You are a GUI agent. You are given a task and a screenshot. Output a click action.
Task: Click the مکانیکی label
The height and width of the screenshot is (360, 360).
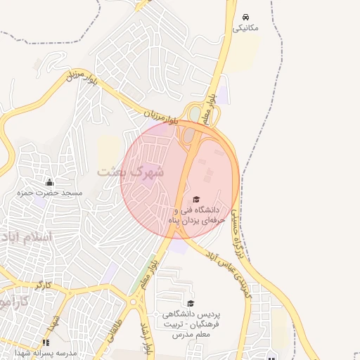tap(245, 28)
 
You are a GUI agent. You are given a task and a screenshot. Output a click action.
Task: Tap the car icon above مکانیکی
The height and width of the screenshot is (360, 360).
tap(245, 16)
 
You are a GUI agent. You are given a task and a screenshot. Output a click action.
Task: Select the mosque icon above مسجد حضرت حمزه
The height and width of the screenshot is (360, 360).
tap(49, 183)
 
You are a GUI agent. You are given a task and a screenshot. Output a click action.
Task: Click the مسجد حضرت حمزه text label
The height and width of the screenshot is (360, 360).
tap(51, 193)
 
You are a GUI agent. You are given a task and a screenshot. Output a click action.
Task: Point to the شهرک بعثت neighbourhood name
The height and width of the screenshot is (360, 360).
tap(130, 171)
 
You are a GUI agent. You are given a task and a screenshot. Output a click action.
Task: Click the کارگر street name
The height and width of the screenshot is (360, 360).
tap(42, 284)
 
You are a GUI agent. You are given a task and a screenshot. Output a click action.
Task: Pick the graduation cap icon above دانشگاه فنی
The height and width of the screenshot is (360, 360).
tap(196, 200)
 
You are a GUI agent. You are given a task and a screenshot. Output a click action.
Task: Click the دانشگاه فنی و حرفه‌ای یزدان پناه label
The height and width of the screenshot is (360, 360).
tap(196, 214)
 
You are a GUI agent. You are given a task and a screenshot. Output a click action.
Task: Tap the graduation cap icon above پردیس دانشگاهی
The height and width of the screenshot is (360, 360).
tap(191, 303)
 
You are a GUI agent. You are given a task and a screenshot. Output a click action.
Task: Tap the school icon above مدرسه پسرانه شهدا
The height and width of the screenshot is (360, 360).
tap(46, 342)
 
